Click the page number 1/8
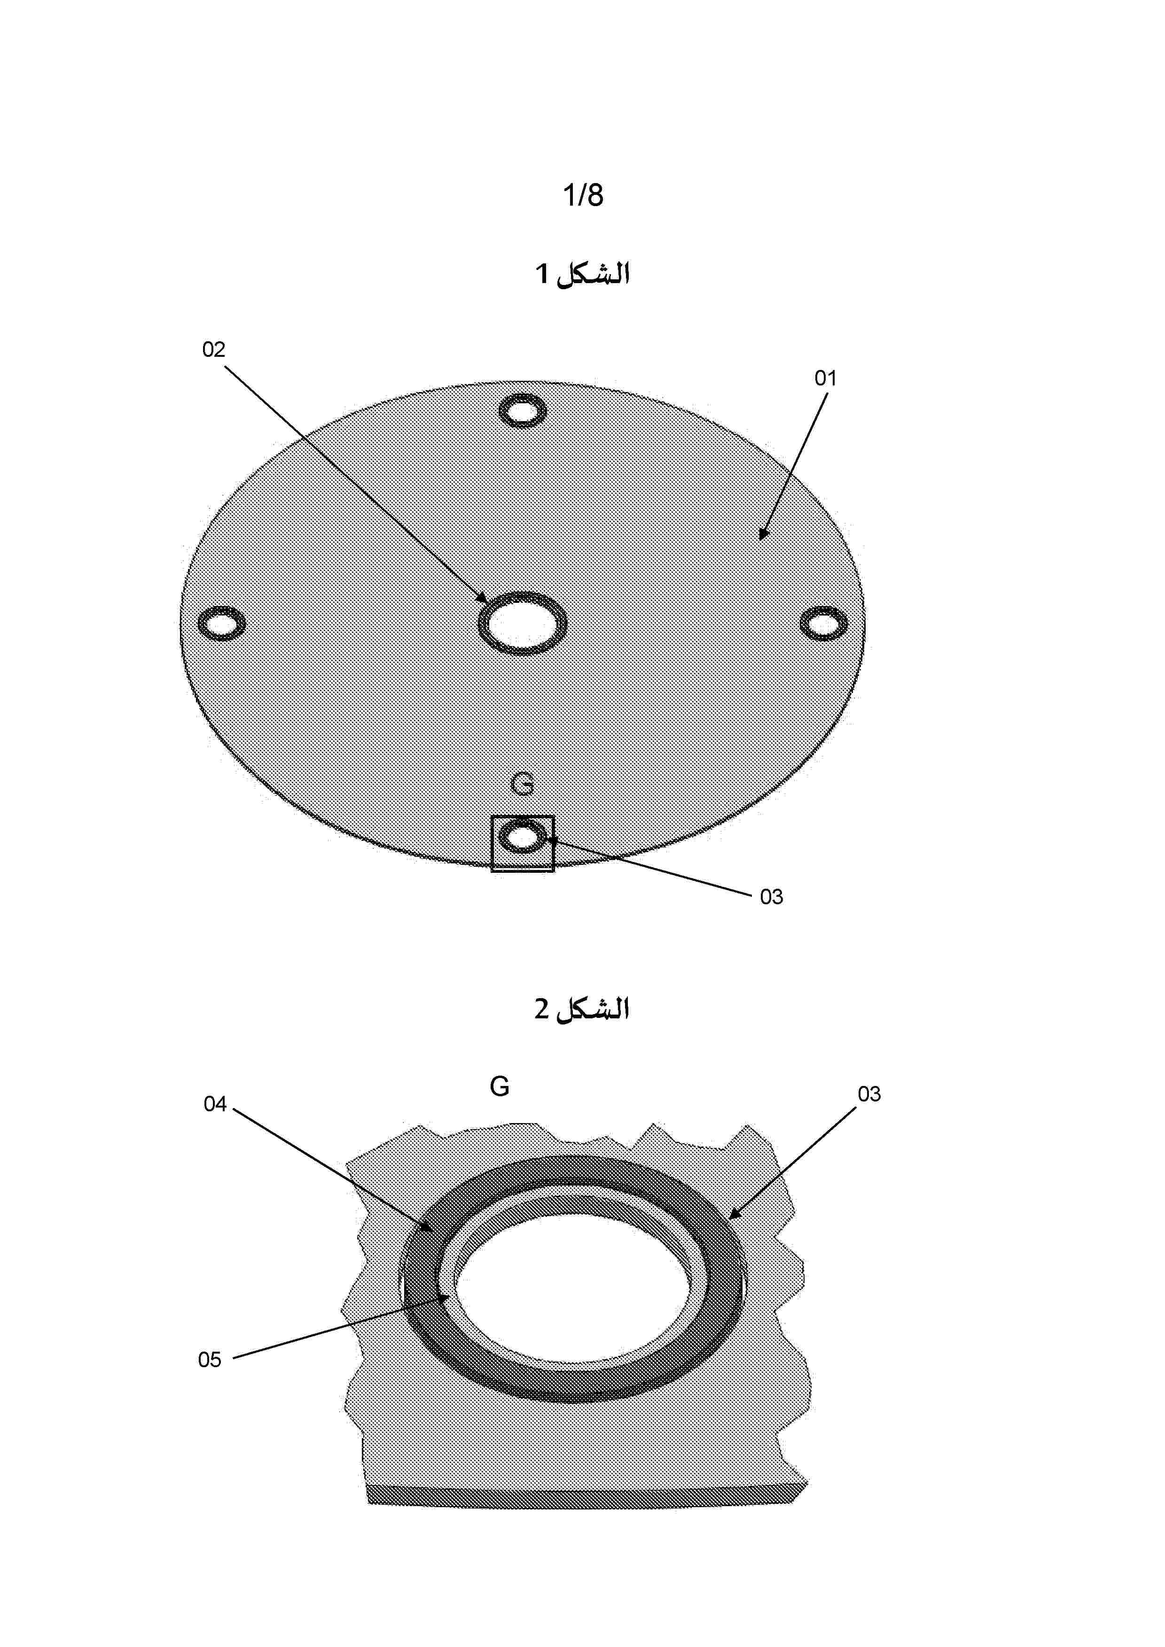(583, 195)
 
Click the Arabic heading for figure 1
(582, 274)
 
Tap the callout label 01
(826, 378)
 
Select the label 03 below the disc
(772, 897)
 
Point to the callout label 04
(215, 1104)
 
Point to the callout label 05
(210, 1359)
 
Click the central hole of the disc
(523, 623)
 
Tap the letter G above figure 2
(500, 1087)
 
